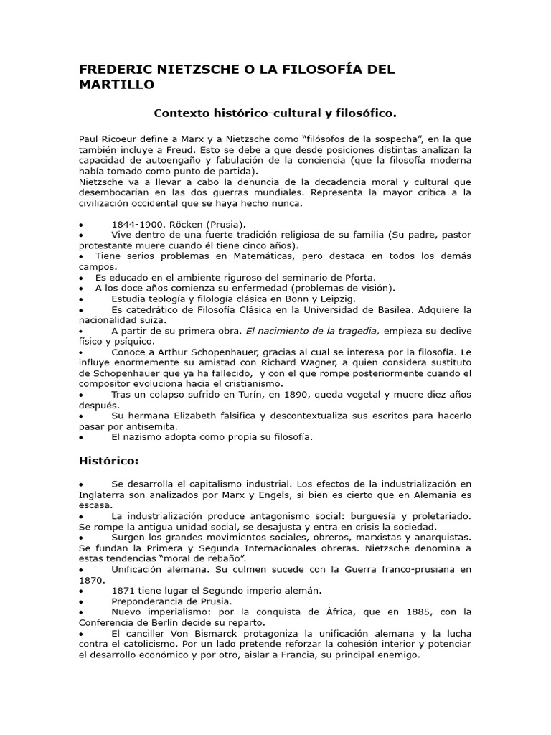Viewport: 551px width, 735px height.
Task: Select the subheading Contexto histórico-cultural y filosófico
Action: click(x=275, y=113)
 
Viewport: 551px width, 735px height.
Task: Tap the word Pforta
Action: click(x=359, y=277)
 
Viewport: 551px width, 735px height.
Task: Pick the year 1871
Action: click(x=123, y=590)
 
